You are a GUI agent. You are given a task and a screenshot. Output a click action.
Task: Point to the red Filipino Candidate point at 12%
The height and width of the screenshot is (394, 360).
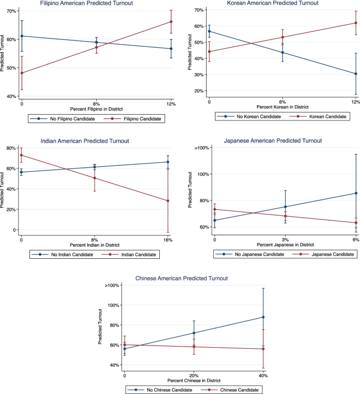(x=171, y=22)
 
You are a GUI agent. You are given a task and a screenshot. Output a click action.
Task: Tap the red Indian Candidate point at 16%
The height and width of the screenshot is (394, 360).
(x=168, y=201)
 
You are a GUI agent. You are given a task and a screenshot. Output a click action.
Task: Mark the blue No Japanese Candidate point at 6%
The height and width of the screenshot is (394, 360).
(x=356, y=193)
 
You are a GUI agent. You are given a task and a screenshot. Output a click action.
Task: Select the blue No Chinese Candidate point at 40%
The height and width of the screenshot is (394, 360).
(x=263, y=317)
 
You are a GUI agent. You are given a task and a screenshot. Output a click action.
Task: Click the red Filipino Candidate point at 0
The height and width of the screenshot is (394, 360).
(x=22, y=73)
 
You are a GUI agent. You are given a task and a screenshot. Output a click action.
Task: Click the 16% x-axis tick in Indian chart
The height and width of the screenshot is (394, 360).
(x=168, y=240)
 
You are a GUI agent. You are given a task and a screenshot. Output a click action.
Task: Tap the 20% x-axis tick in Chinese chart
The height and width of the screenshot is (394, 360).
(x=193, y=375)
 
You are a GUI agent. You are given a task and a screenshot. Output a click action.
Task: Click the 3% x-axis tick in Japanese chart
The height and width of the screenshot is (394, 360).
(x=285, y=240)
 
